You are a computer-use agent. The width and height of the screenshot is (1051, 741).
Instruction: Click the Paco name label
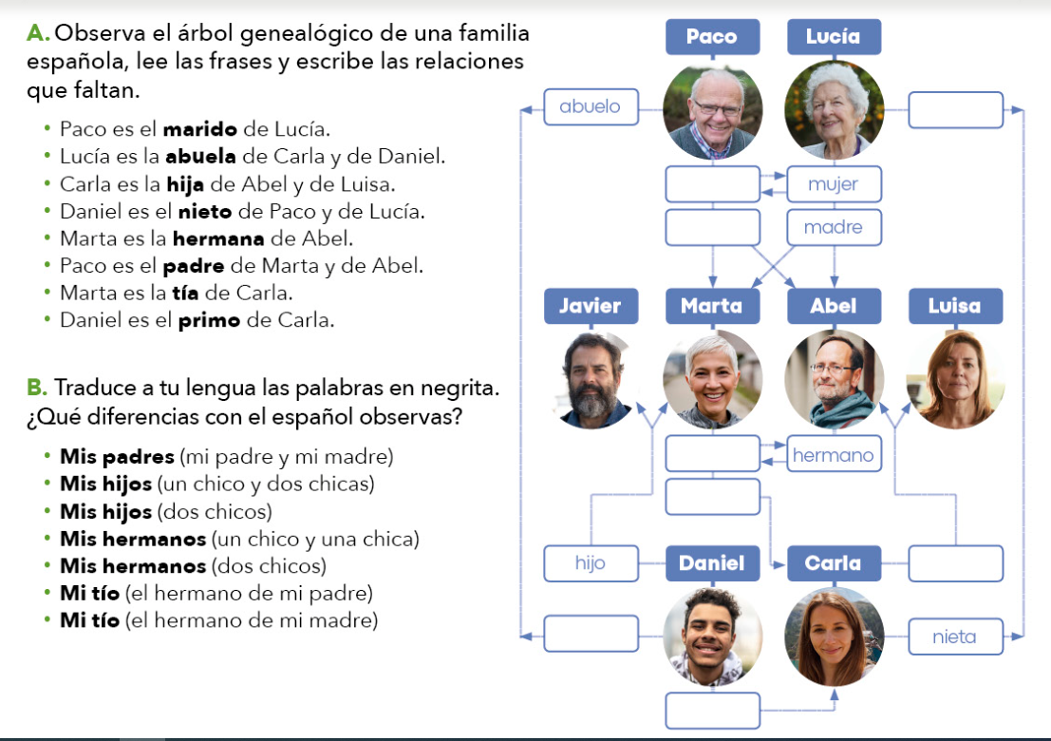[712, 36]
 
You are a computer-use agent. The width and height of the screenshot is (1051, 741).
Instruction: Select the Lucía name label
[834, 36]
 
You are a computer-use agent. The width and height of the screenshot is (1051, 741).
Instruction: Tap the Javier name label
[591, 306]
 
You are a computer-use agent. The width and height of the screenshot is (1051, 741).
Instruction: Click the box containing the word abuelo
[591, 106]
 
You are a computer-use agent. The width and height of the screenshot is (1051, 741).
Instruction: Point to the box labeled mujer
[834, 183]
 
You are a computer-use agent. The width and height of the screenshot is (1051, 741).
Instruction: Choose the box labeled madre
[834, 227]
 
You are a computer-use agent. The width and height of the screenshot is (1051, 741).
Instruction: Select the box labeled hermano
[834, 454]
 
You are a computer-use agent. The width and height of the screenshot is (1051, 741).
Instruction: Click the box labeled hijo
[591, 563]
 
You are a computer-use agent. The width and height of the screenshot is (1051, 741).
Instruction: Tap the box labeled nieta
[955, 636]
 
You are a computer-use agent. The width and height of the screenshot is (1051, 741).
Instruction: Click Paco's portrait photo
[712, 110]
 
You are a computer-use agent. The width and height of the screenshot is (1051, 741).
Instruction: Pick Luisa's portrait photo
[955, 380]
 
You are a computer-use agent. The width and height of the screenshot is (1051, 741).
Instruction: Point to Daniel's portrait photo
[712, 636]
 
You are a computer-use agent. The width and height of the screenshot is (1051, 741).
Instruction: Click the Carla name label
[834, 563]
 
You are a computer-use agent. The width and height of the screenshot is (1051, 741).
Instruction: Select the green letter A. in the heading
[38, 33]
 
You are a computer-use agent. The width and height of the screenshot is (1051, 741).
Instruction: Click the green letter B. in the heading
[37, 388]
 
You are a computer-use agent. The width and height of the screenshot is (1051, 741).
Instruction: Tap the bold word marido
[199, 129]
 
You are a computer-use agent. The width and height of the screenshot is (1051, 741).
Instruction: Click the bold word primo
[209, 320]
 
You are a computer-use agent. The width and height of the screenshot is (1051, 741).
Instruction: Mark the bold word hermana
[217, 238]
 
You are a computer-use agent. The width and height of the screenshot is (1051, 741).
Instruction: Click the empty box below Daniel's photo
[712, 711]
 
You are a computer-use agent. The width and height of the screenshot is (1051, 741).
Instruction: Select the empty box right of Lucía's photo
[955, 110]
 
